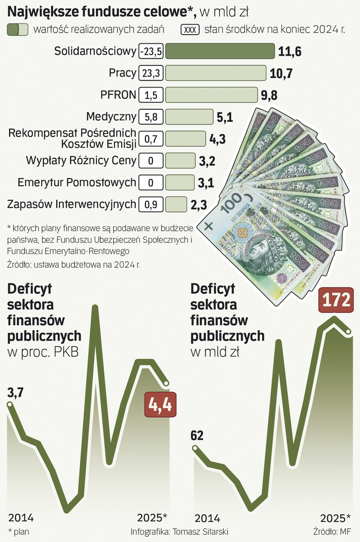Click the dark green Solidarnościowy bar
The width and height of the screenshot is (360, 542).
coord(220,51)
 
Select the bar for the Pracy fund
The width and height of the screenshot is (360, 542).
coord(216,73)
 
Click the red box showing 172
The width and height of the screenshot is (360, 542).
coord(336,300)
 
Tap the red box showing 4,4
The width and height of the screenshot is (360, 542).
coord(158,404)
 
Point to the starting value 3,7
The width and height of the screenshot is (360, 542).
coord(15,393)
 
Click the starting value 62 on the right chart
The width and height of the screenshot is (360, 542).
coord(197,435)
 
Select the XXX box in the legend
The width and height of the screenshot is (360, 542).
coord(191,30)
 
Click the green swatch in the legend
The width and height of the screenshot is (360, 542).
coord(17,30)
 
